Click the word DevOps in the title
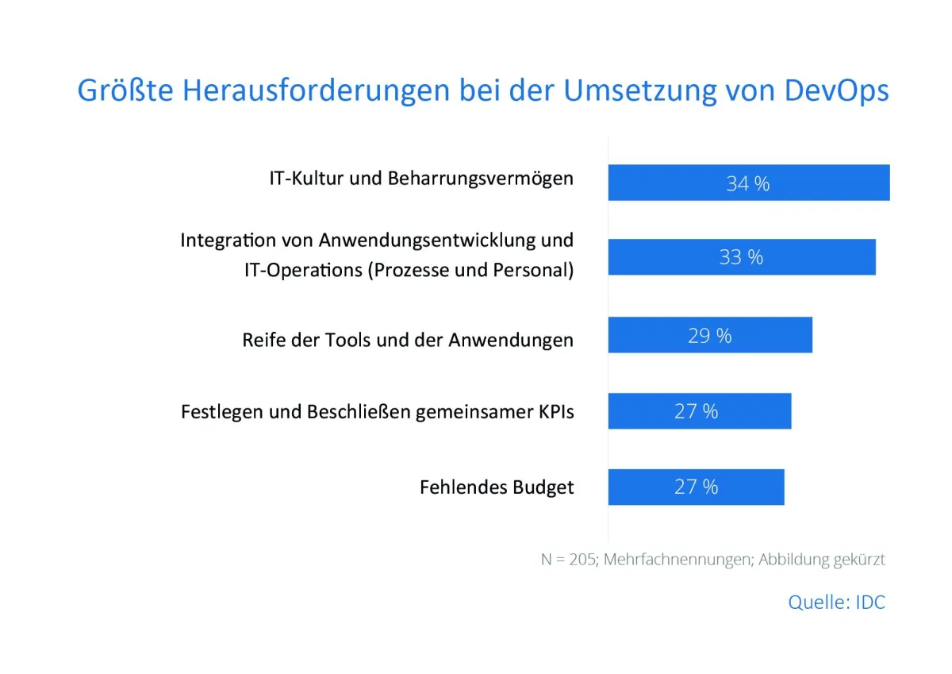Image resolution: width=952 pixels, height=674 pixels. pyautogui.click(x=836, y=91)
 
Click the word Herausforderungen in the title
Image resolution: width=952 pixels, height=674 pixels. pyautogui.click(x=317, y=91)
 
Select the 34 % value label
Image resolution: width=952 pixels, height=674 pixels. pyautogui.click(x=747, y=183)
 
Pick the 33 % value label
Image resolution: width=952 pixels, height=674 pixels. pyautogui.click(x=741, y=258)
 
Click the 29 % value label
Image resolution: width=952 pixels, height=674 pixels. pyautogui.click(x=709, y=336)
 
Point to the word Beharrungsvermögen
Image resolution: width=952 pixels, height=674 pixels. pyautogui.click(x=480, y=179)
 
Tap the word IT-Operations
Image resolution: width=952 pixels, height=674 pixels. pyautogui.click(x=302, y=270)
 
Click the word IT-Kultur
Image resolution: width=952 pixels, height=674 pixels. pyautogui.click(x=305, y=179)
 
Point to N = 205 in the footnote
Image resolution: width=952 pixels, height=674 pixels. pyautogui.click(x=569, y=560)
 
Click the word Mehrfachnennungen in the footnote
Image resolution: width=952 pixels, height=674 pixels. pyautogui.click(x=678, y=560)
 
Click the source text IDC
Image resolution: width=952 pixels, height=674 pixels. pyautogui.click(x=869, y=602)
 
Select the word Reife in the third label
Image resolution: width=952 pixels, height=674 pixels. pyautogui.click(x=262, y=341)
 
